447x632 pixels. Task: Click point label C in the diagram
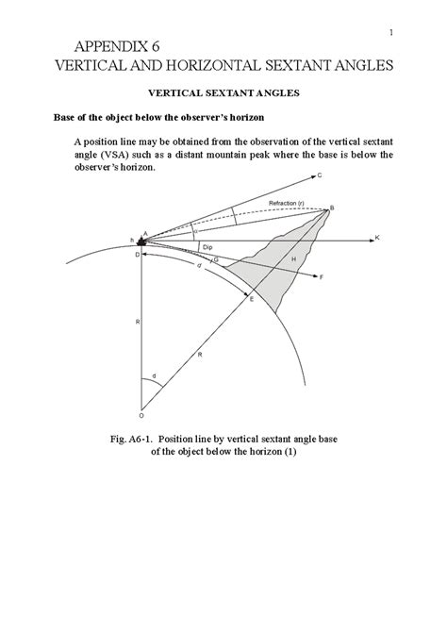click(x=321, y=175)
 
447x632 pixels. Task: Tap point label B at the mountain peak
click(x=333, y=208)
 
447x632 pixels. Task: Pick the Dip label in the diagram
click(x=207, y=247)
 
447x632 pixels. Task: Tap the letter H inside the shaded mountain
click(x=293, y=258)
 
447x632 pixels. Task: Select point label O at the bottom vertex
click(x=141, y=414)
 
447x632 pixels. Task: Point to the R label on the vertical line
click(x=137, y=322)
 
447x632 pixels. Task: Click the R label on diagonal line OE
click(x=200, y=353)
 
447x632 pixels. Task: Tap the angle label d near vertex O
click(x=154, y=377)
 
